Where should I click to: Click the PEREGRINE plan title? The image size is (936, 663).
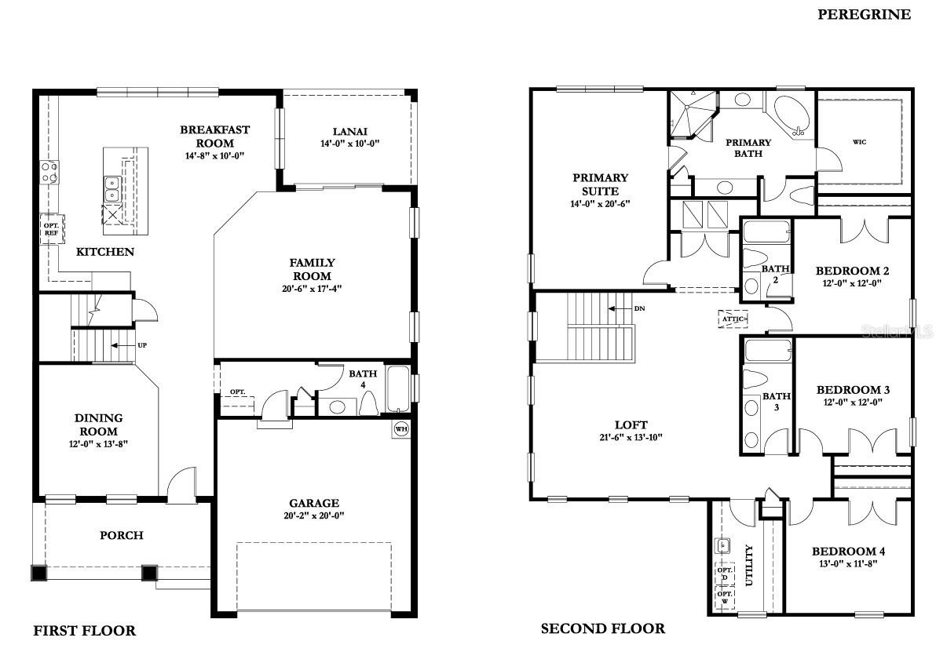pyautogui.click(x=864, y=14)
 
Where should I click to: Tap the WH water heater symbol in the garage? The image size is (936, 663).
pyautogui.click(x=400, y=429)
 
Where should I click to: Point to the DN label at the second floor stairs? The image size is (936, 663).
pyautogui.click(x=639, y=308)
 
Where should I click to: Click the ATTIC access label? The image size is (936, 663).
pyautogui.click(x=733, y=319)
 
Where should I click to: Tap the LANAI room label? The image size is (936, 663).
pyautogui.click(x=349, y=132)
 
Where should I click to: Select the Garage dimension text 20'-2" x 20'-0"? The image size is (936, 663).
pyautogui.click(x=314, y=516)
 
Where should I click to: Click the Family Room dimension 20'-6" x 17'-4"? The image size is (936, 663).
pyautogui.click(x=313, y=289)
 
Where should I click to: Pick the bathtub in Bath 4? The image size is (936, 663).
pyautogui.click(x=398, y=390)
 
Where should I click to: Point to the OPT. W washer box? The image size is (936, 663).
pyautogui.click(x=724, y=597)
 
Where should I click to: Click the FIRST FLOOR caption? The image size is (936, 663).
pyautogui.click(x=84, y=631)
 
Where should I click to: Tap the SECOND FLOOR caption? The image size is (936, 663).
pyautogui.click(x=602, y=628)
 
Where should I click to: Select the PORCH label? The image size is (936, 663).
pyautogui.click(x=122, y=535)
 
